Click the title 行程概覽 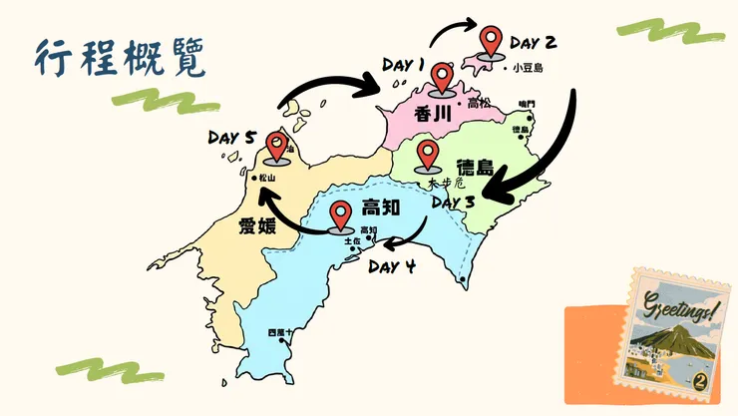(x=120, y=59)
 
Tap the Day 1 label (x=404, y=66)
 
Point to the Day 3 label (x=455, y=203)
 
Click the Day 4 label (x=391, y=266)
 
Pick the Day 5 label (x=232, y=137)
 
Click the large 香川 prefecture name (x=432, y=114)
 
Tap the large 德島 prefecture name (x=474, y=167)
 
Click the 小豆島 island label (x=526, y=69)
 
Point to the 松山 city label (x=266, y=180)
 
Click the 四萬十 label (x=281, y=332)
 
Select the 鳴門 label (x=527, y=104)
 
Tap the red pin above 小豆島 (x=490, y=43)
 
